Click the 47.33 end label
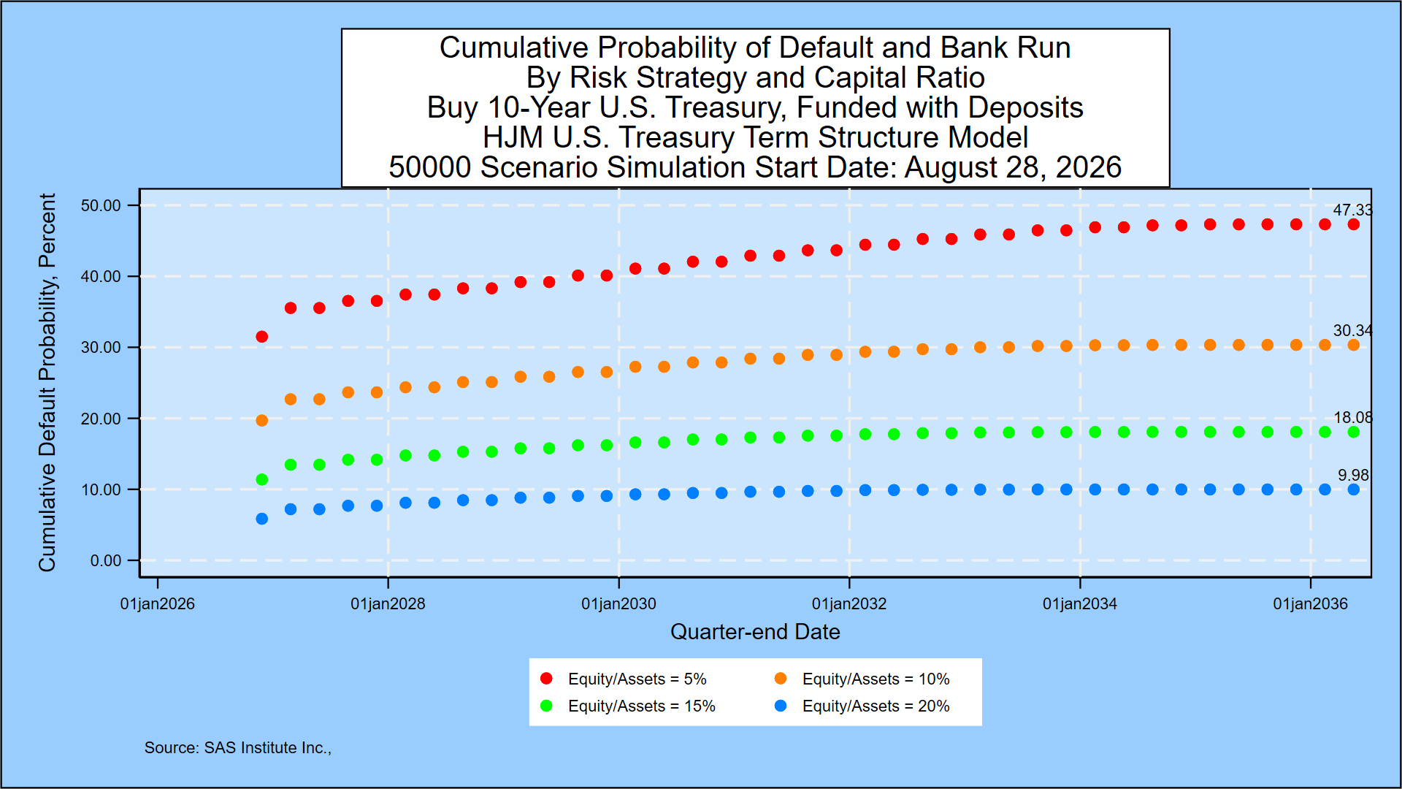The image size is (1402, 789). pyautogui.click(x=1352, y=210)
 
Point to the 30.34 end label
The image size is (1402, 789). pyautogui.click(x=1352, y=331)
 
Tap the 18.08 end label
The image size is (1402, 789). pyautogui.click(x=1352, y=418)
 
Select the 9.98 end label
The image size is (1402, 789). pyautogui.click(x=1353, y=476)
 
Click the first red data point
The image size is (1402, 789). pyautogui.click(x=262, y=337)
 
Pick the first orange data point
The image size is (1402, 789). pyautogui.click(x=262, y=421)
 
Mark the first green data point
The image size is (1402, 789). pyautogui.click(x=262, y=480)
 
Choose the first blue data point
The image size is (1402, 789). pyautogui.click(x=262, y=519)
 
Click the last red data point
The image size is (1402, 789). pyautogui.click(x=1354, y=224)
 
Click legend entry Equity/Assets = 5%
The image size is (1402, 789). pyautogui.click(x=624, y=679)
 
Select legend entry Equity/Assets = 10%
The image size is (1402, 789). pyautogui.click(x=862, y=679)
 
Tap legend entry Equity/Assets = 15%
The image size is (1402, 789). pyautogui.click(x=628, y=706)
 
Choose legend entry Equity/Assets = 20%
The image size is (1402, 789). pyautogui.click(x=862, y=706)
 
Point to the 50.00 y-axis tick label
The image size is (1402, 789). pyautogui.click(x=101, y=205)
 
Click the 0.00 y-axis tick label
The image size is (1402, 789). pyautogui.click(x=106, y=560)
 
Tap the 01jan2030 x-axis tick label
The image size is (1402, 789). pyautogui.click(x=618, y=604)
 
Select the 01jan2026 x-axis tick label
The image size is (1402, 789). pyautogui.click(x=158, y=604)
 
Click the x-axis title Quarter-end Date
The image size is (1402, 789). pyautogui.click(x=755, y=632)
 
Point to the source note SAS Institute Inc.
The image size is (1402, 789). pyautogui.click(x=238, y=748)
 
